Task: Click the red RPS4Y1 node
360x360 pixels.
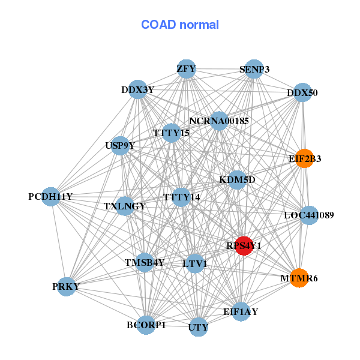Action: [244, 245]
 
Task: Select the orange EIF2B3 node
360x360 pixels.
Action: [305, 158]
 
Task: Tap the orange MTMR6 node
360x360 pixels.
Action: [299, 278]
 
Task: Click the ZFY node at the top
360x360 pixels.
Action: [186, 69]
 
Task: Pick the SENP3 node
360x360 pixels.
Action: [254, 69]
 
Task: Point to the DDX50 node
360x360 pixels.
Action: [302, 92]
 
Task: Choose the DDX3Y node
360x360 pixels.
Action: [138, 90]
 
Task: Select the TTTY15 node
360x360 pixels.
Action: [172, 133]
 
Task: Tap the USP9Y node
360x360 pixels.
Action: [120, 145]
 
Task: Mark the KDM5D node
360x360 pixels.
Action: [237, 179]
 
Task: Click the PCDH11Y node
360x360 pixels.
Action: [50, 196]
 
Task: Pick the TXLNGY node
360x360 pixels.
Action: [125, 206]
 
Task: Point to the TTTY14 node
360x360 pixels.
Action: [182, 197]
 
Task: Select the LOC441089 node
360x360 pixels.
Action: [308, 215]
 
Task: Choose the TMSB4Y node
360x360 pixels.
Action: [145, 262]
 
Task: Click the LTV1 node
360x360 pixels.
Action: [195, 263]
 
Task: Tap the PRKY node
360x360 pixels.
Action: [66, 287]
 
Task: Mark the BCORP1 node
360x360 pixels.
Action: [146, 325]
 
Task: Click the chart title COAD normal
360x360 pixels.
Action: [180, 25]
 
